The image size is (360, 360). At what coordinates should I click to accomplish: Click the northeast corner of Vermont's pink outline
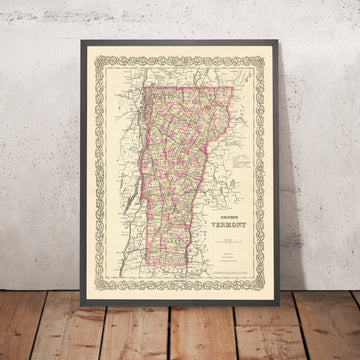pyautogui.click(x=233, y=88)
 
